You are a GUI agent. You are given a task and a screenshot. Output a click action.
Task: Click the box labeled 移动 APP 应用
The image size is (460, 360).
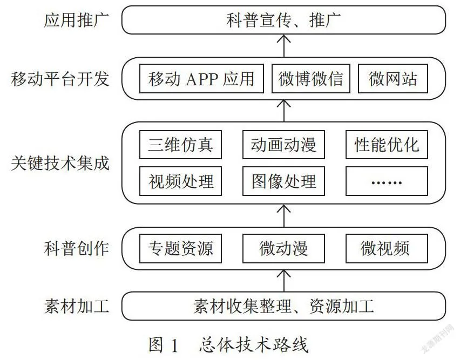201,79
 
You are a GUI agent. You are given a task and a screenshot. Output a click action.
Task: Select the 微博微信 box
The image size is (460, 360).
310,79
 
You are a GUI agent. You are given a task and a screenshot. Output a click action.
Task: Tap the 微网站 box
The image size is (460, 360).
393,79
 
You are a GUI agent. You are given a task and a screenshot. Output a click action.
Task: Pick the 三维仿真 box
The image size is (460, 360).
180,145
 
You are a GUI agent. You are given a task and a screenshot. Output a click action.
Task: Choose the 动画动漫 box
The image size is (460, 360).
283,145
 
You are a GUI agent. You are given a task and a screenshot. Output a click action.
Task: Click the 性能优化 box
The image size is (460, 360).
387,145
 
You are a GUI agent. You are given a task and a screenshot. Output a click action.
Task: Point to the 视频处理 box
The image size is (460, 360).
180,181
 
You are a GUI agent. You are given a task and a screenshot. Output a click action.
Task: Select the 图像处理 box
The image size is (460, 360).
283,181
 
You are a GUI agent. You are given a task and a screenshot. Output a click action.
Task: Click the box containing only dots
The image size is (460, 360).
387,181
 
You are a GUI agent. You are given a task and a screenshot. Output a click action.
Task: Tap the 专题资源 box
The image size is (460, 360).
180,248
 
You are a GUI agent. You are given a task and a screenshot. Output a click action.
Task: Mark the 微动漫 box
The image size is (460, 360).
283,248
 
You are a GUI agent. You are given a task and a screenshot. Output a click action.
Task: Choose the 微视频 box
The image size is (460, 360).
387,248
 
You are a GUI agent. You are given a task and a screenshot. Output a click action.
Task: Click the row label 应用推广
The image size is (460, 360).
76,20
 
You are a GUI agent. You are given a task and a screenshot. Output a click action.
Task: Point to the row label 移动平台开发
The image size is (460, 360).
60,79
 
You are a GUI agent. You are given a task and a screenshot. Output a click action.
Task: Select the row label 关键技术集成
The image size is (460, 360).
60,163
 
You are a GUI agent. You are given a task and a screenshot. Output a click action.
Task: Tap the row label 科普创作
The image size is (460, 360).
76,248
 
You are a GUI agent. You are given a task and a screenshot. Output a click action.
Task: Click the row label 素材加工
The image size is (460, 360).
76,306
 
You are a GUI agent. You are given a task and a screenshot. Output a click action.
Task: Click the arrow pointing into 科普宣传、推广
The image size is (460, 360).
283,46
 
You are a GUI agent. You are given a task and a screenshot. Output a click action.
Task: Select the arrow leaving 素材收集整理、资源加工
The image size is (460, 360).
283,281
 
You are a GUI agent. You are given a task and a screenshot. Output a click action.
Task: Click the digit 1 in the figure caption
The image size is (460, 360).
174,345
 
